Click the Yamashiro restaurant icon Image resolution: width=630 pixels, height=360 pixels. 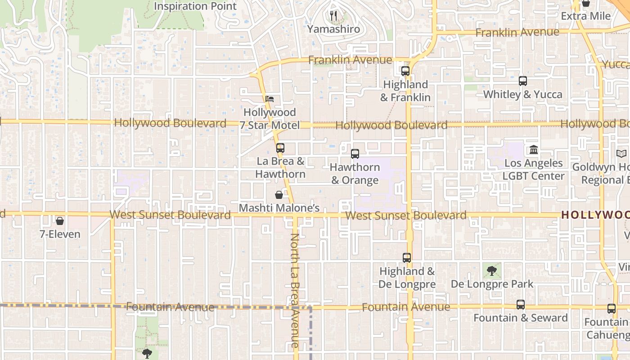coord(333,16)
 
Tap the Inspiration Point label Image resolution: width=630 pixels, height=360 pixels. coord(195,6)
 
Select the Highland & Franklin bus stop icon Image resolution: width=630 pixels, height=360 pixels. coord(405,71)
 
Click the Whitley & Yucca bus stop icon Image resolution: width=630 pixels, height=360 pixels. coord(522,81)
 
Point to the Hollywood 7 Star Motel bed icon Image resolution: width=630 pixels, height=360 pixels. coord(270,99)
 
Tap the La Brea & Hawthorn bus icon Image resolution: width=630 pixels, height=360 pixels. coord(280,148)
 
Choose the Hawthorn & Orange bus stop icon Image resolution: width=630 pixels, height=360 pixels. coord(355,154)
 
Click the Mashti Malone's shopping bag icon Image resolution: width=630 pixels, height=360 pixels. coord(279,195)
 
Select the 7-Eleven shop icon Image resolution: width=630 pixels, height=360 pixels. coord(59,221)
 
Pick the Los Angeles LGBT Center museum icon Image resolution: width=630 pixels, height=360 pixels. coord(534,150)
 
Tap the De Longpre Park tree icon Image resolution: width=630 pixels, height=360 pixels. coord(492,271)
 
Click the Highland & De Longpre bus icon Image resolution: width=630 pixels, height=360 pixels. coord(407,258)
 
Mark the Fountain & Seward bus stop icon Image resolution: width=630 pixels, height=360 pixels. coord(521,305)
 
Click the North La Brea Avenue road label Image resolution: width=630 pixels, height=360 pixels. coord(295,290)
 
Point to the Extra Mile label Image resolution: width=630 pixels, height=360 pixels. coord(585,16)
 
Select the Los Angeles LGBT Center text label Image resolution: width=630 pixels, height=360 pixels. coord(534,170)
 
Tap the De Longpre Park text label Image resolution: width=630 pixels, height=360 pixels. coord(492,284)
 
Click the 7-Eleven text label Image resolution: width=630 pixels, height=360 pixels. coord(60,234)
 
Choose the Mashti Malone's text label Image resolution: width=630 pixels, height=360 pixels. coord(279,208)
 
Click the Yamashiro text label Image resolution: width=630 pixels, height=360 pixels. coord(333,29)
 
